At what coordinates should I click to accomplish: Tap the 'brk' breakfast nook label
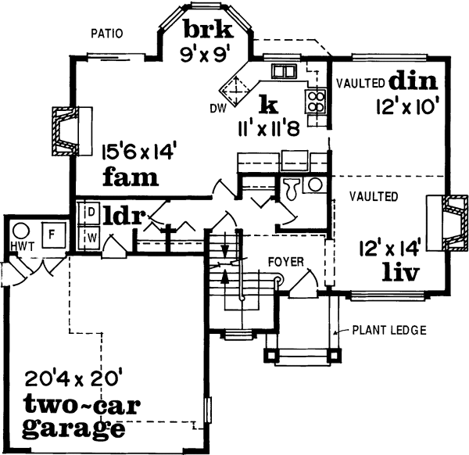point(208,30)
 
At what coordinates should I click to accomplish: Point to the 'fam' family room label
point(131,177)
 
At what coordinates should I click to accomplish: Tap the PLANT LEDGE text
point(388,331)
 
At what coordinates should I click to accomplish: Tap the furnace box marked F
point(54,234)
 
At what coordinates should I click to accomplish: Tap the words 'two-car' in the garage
point(72,406)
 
